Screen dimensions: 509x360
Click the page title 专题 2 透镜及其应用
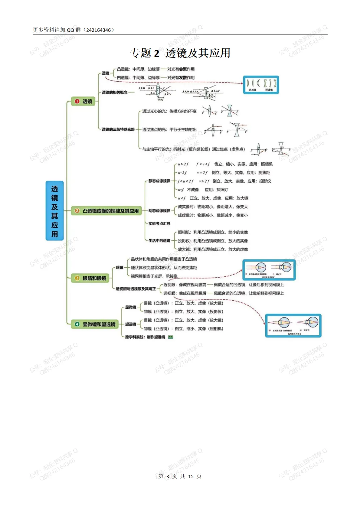pos(180,53)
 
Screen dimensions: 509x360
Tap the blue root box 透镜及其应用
pos(55,211)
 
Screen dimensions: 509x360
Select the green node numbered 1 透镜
pos(83,101)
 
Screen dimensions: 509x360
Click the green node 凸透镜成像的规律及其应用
pos(107,211)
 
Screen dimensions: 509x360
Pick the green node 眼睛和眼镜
pos(90,278)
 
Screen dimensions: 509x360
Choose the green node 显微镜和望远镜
pos(95,324)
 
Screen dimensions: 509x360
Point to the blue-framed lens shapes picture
pos(261,85)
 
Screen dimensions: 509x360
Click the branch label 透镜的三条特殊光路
pos(118,129)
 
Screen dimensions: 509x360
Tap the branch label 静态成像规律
pos(159,181)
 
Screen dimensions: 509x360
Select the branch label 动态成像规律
pos(159,211)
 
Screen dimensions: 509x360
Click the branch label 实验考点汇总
pos(159,223)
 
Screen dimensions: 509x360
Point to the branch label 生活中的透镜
pos(159,241)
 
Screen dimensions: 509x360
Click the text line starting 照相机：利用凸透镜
pos(213,232)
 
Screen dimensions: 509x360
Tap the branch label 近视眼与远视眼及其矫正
pos(136,289)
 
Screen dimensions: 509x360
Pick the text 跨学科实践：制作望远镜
pos(145,337)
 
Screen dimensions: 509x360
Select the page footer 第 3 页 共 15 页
pos(180,476)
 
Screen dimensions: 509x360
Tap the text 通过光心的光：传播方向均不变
pos(169,111)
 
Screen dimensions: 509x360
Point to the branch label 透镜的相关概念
pos(114,92)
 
